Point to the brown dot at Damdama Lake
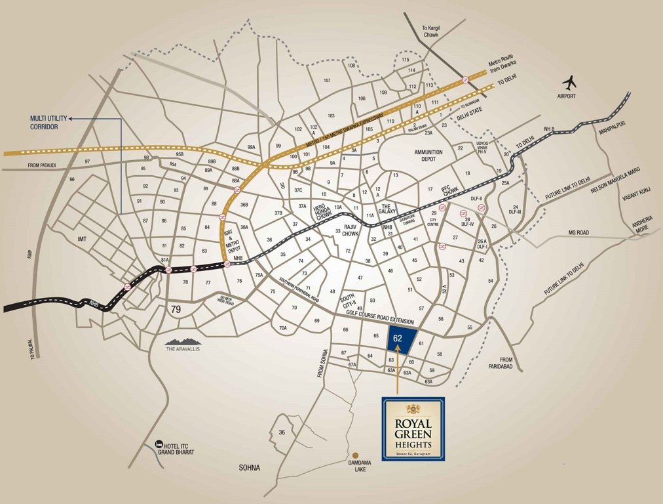point(356,455)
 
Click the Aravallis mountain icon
point(182,341)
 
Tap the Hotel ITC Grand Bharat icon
point(159,445)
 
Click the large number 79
point(176,309)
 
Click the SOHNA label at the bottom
point(249,468)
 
